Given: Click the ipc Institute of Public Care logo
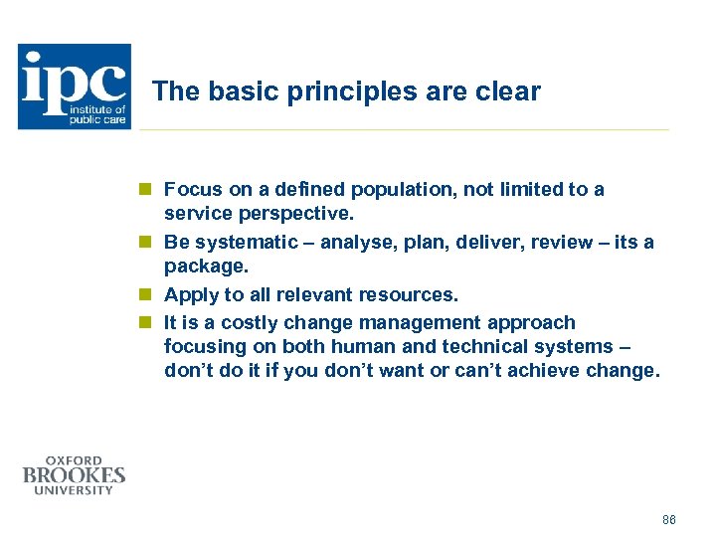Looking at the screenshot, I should (75, 87).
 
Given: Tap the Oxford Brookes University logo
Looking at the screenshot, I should (75, 475).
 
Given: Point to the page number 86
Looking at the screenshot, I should (668, 520).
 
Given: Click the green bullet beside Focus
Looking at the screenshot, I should (145, 189).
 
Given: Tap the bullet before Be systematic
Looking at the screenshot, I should (145, 243).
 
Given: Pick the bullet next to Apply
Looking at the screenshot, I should (145, 295).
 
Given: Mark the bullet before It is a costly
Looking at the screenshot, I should (145, 322).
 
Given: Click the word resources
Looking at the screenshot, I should (410, 295).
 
